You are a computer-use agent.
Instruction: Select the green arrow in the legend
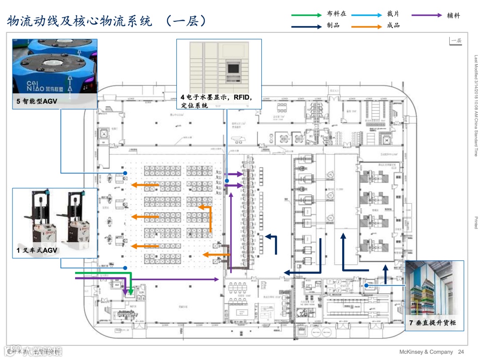click(x=307, y=15)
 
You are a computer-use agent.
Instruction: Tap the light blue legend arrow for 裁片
click(x=366, y=15)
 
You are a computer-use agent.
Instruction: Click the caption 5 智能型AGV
click(x=37, y=101)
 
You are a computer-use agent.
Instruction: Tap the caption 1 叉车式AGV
click(x=37, y=251)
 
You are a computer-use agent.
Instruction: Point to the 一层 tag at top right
click(x=456, y=41)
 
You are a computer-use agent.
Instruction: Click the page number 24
click(x=461, y=352)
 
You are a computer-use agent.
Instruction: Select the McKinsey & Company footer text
click(x=426, y=352)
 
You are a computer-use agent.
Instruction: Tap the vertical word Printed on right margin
click(x=476, y=222)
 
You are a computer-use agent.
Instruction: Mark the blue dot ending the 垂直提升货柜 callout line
click(x=366, y=285)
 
